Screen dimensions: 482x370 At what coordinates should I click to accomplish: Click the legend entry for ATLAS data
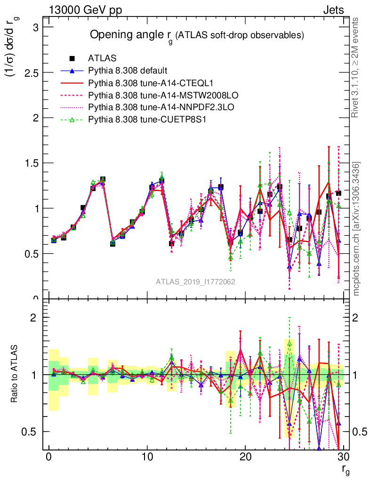click(x=103, y=58)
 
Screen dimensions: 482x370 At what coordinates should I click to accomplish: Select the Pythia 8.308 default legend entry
click(x=128, y=71)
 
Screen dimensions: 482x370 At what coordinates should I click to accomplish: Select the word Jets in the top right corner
click(x=333, y=10)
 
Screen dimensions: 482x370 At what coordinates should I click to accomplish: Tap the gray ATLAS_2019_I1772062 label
click(x=195, y=281)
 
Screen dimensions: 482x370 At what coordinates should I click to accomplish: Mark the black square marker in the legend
click(x=72, y=58)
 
